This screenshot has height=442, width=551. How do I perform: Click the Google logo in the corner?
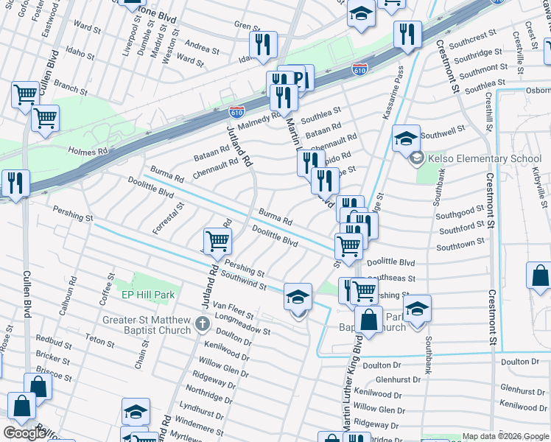tap(24, 433)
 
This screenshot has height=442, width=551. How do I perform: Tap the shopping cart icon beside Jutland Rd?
tap(217, 240)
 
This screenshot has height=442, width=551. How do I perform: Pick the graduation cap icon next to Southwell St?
tap(405, 138)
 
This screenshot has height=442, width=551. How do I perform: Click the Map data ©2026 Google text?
tap(505, 436)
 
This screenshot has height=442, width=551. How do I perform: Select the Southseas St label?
tap(391, 278)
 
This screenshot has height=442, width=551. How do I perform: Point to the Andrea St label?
tap(203, 49)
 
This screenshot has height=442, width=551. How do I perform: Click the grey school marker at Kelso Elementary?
tap(417, 159)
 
